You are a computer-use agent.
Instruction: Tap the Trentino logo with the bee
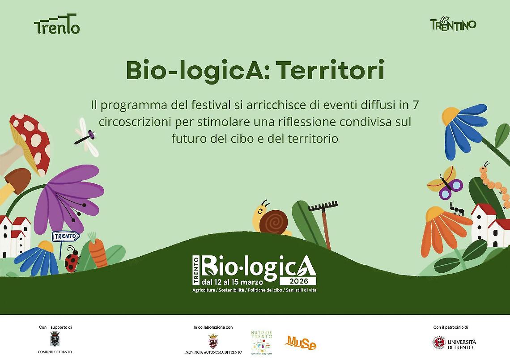click(x=453, y=24)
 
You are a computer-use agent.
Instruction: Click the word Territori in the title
click(x=330, y=71)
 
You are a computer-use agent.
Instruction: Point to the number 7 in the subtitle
click(x=414, y=106)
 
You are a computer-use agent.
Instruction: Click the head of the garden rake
click(x=323, y=207)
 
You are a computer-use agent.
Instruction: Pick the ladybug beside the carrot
click(x=72, y=260)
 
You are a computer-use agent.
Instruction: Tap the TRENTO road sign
click(x=65, y=236)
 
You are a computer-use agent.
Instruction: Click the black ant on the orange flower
click(x=457, y=208)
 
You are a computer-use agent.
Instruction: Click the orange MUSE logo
click(x=300, y=343)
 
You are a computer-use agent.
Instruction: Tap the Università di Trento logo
click(x=454, y=343)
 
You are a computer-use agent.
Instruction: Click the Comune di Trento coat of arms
click(x=55, y=339)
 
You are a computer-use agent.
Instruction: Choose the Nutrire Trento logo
click(x=262, y=343)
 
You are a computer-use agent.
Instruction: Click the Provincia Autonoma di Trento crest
click(x=213, y=341)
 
